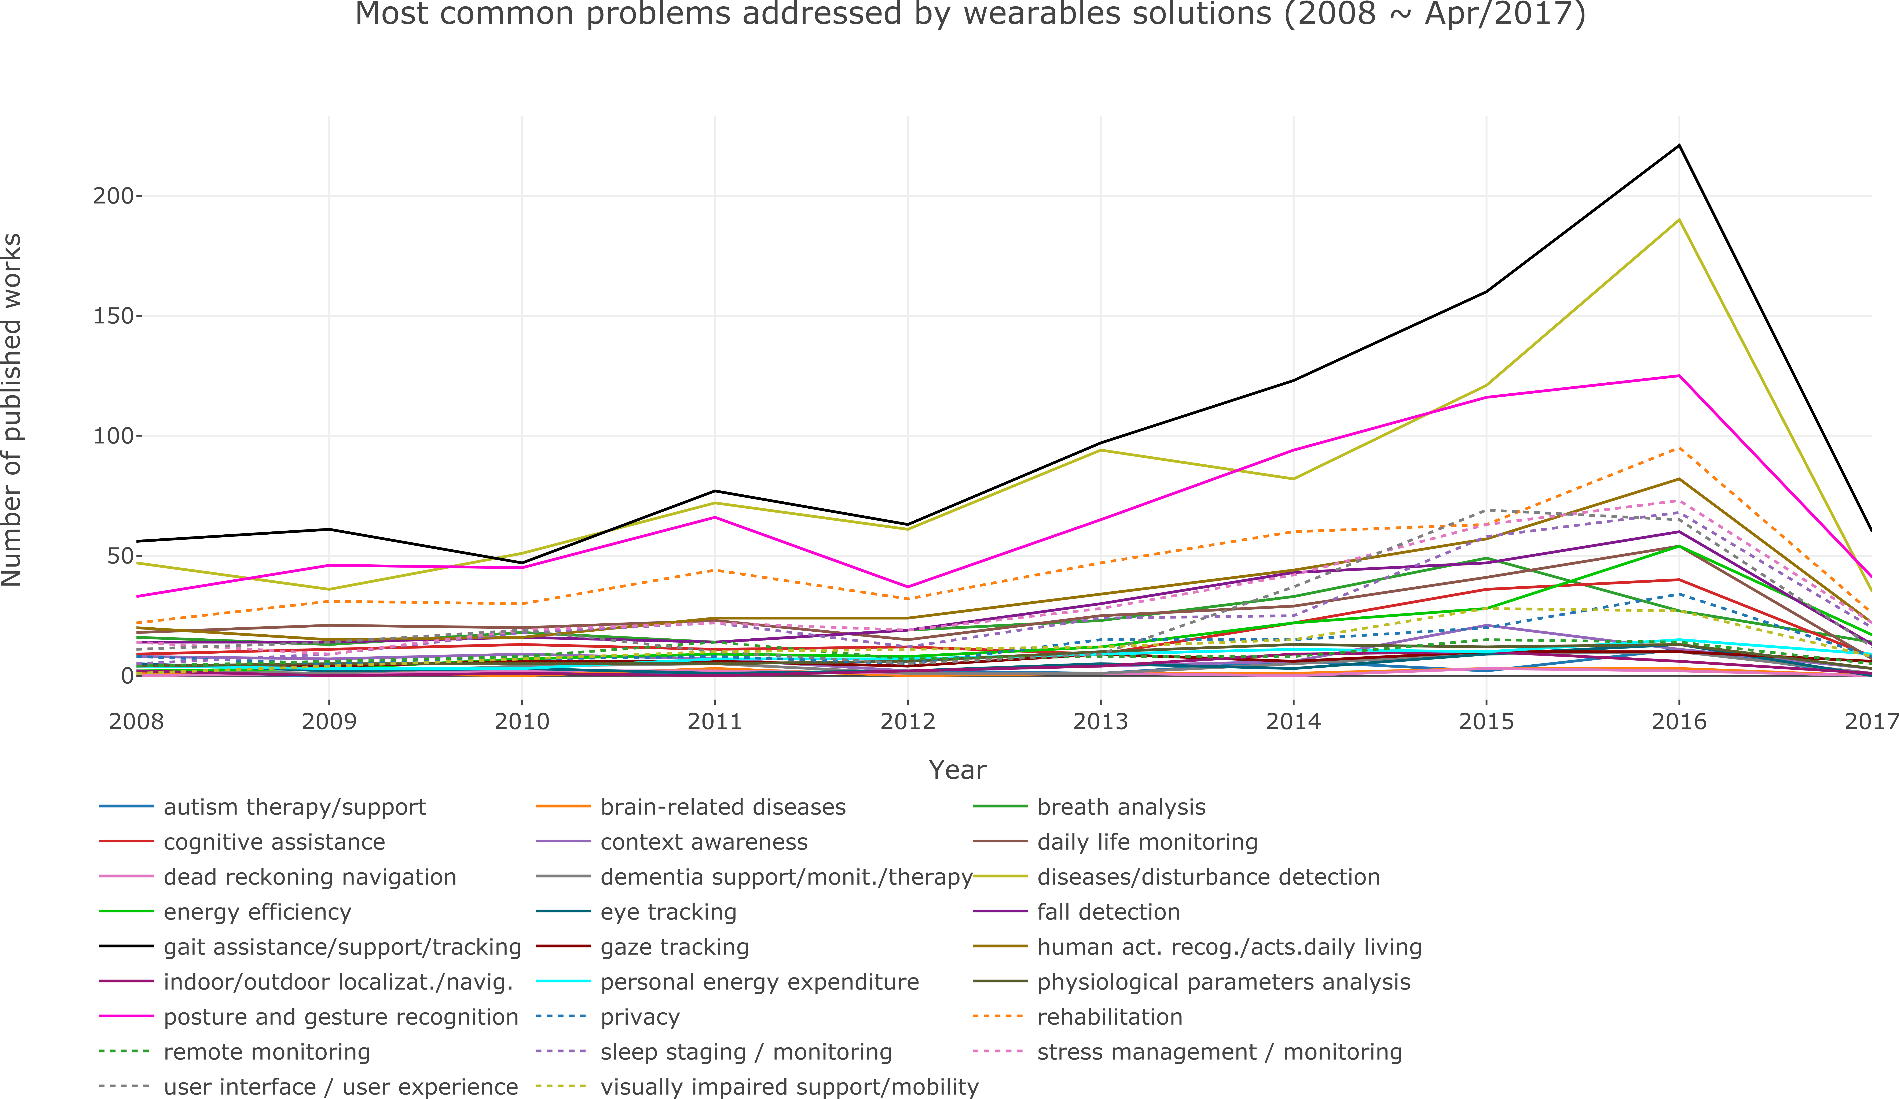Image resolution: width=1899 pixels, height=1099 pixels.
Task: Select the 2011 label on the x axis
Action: pos(714,722)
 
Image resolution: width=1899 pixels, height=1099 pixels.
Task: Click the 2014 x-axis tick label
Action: pos(1293,722)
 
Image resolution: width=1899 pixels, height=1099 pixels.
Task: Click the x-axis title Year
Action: pos(957,770)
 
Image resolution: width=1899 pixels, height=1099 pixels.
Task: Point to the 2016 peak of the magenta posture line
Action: pos(1679,375)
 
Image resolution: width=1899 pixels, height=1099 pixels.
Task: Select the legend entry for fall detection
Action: pos(1108,912)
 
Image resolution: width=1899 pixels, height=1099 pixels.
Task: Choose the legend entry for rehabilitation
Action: pos(1109,1017)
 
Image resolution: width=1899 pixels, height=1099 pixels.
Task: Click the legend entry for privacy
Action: pos(640,1017)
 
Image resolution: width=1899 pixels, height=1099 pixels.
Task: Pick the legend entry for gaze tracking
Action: pos(674,947)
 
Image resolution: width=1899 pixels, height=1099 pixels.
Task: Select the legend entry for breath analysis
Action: pos(1121,807)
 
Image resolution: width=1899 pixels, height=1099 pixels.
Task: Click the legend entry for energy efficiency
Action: pos(257,912)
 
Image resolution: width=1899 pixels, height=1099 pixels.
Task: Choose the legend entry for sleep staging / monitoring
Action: pos(746,1052)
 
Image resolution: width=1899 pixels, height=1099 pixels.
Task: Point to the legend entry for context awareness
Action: pos(704,842)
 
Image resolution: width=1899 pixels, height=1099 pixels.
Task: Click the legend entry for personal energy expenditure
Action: pos(760,982)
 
